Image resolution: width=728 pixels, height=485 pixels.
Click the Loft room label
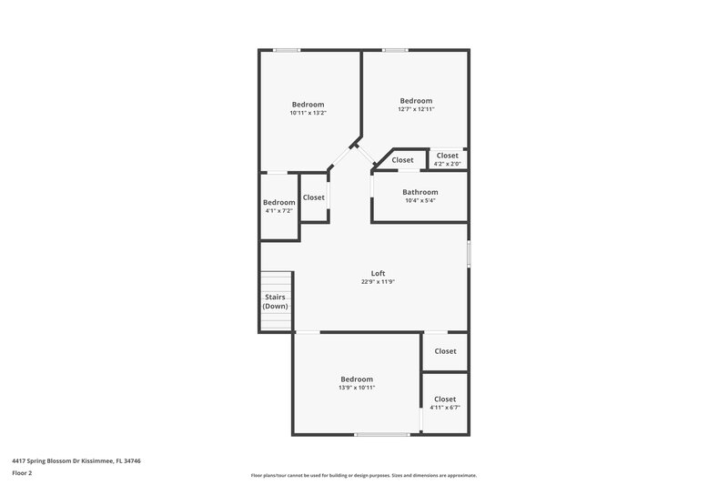pyautogui.click(x=378, y=273)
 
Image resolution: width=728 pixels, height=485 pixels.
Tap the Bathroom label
pyautogui.click(x=420, y=192)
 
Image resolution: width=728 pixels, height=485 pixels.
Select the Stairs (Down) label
pyautogui.click(x=275, y=301)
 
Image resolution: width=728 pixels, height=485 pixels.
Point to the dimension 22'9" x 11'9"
pyautogui.click(x=378, y=282)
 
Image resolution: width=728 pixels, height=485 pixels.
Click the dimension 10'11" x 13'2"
pyautogui.click(x=308, y=113)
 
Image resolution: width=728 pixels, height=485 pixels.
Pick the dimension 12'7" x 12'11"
pyautogui.click(x=416, y=109)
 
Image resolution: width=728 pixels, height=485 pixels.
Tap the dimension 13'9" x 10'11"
pyautogui.click(x=357, y=388)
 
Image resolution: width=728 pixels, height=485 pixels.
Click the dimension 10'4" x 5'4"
pyautogui.click(x=420, y=201)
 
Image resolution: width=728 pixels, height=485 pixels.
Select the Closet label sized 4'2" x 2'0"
pyautogui.click(x=448, y=156)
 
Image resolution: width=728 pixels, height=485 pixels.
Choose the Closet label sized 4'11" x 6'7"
pyautogui.click(x=445, y=399)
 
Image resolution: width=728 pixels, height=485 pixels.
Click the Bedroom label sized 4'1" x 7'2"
pyautogui.click(x=278, y=202)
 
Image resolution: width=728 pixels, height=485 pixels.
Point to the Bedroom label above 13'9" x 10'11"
pyautogui.click(x=357, y=379)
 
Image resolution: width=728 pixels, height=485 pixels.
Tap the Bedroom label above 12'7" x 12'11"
pyautogui.click(x=416, y=100)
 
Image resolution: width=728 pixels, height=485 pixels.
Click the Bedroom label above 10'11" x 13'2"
pyautogui.click(x=308, y=104)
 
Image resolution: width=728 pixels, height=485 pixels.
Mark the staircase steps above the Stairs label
pyautogui.click(x=276, y=281)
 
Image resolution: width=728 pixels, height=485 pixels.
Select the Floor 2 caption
pyautogui.click(x=23, y=474)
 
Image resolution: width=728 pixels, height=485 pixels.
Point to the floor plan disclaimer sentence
pyautogui.click(x=364, y=475)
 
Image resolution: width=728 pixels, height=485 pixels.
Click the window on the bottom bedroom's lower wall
pyautogui.click(x=382, y=435)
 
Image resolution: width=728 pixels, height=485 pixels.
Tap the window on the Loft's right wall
pyautogui.click(x=469, y=252)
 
